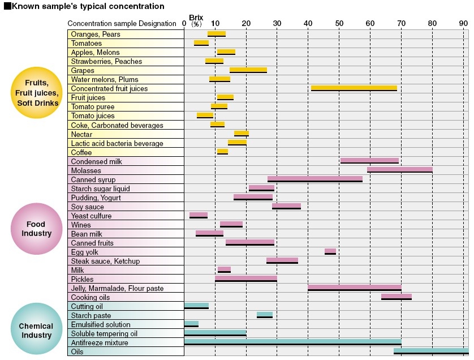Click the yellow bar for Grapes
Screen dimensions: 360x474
coord(248,70)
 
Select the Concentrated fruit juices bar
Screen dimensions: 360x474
coord(354,88)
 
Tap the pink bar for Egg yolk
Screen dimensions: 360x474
coord(330,251)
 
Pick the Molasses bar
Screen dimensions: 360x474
coord(399,169)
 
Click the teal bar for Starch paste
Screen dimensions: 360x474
coord(264,315)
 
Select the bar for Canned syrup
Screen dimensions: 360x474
coord(314,179)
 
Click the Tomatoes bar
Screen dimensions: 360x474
coord(201,43)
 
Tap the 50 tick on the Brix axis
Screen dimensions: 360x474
coord(339,23)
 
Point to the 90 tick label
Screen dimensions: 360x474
coord(463,23)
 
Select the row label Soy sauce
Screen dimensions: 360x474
coord(88,207)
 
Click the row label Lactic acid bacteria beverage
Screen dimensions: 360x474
coord(117,143)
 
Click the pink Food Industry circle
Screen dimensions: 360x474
coord(36,229)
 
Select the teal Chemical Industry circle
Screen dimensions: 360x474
coord(36,330)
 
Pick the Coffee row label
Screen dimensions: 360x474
coord(81,152)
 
